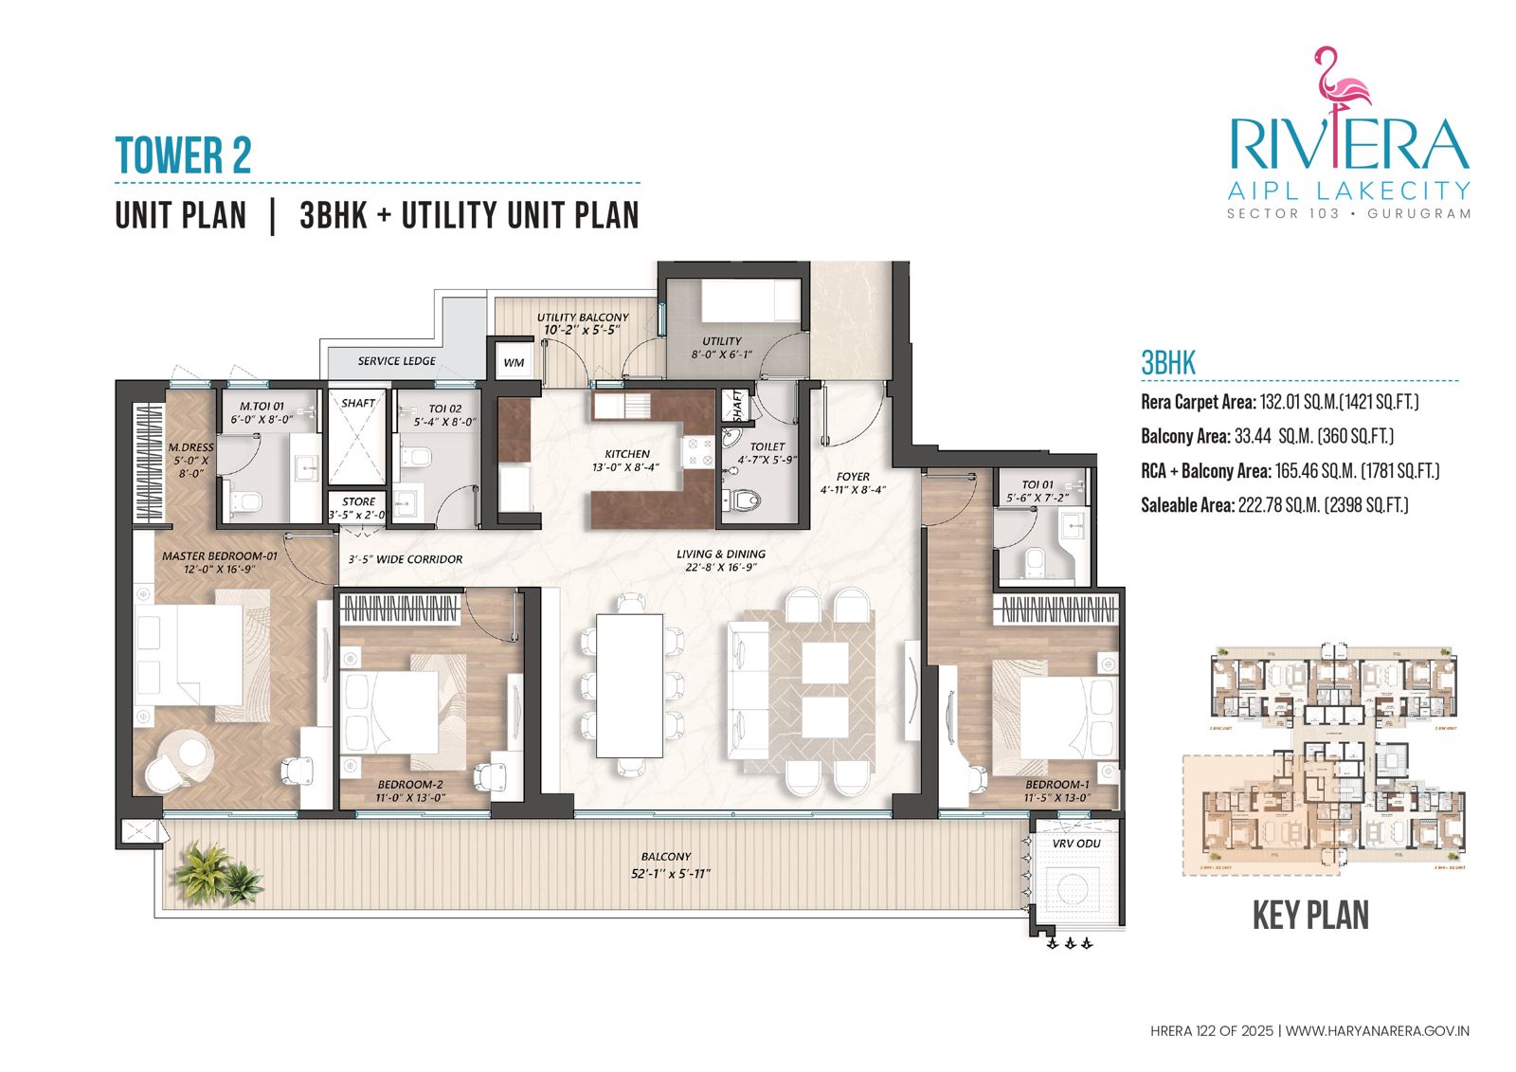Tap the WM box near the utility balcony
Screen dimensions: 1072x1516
pos(513,363)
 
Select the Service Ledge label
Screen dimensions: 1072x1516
pos(396,361)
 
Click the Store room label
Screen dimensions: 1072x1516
pos(358,502)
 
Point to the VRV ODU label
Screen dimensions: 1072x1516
pos(1076,844)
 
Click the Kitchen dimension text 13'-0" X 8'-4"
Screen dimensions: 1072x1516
pos(626,467)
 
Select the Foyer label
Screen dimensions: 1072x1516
pos(853,477)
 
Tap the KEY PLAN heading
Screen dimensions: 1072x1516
pos(1310,916)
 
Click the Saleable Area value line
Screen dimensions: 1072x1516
pos(1273,505)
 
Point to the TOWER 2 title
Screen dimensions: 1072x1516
pos(183,156)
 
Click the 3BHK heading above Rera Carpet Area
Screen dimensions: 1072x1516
pos(1167,363)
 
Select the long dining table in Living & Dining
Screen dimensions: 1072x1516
pos(629,684)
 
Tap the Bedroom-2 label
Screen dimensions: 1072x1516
pos(410,785)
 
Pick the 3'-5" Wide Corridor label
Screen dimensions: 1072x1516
pos(405,559)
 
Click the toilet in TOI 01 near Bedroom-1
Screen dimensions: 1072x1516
pos(1035,562)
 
